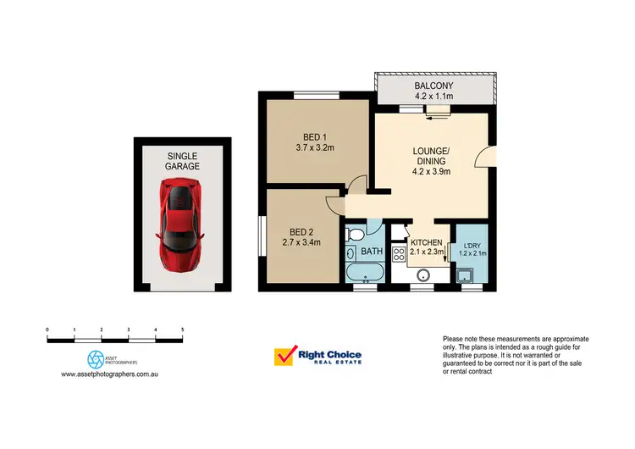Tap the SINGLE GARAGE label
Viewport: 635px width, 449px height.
pyautogui.click(x=182, y=161)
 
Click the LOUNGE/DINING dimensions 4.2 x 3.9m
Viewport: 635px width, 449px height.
pyautogui.click(x=431, y=171)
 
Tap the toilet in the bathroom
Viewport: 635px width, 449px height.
pyautogui.click(x=356, y=234)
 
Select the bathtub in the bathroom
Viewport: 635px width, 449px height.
pyautogui.click(x=365, y=274)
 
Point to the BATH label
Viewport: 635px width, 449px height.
pyautogui.click(x=372, y=252)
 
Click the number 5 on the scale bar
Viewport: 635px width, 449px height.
pyautogui.click(x=182, y=328)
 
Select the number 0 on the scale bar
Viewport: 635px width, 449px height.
pyautogui.click(x=47, y=328)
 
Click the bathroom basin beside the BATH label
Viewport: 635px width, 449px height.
pyautogui.click(x=351, y=252)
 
